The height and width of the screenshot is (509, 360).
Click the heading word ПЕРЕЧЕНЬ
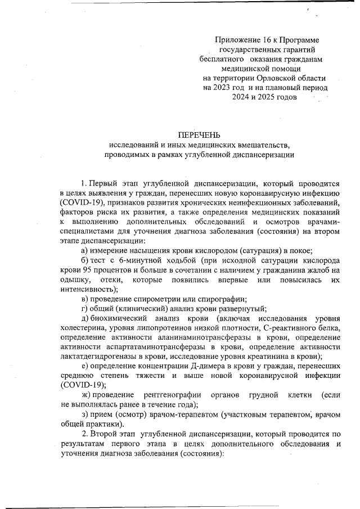199,135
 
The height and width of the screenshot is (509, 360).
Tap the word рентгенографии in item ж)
174,395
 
